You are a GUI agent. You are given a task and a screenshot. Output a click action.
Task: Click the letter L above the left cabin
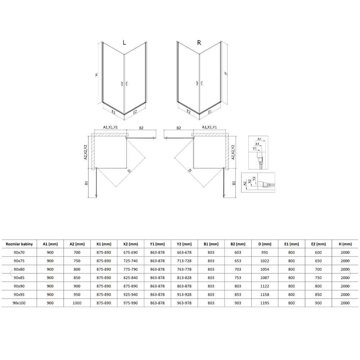pos(125,42)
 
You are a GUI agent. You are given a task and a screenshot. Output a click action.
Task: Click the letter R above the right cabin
pos(199,42)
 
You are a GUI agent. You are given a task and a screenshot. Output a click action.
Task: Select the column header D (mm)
pos(265,244)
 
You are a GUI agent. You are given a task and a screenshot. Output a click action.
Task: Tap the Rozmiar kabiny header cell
pos(19,244)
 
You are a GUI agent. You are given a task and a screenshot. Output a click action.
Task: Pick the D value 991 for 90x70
pos(265,253)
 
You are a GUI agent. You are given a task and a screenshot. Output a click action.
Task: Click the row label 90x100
pos(19,303)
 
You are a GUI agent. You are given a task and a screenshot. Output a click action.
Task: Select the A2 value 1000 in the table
pos(77,303)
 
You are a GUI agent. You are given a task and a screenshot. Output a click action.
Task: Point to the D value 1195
pos(265,303)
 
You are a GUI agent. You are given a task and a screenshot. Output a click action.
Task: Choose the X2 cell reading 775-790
pos(130,269)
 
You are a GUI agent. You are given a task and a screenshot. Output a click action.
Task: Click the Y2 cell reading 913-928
pos(184,294)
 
